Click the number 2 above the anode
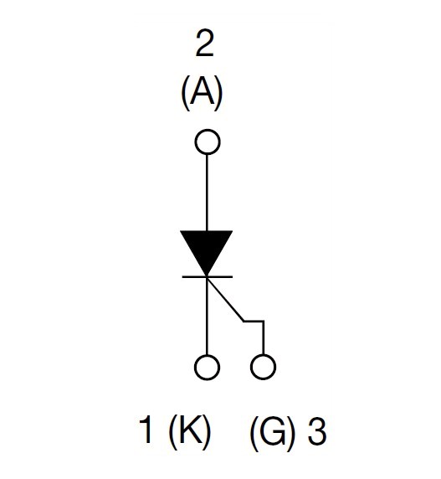[204, 44]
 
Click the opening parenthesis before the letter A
[185, 93]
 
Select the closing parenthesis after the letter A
[218, 93]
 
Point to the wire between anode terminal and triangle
[207, 193]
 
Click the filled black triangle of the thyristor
[207, 249]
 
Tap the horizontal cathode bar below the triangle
[208, 277]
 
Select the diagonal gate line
[225, 299]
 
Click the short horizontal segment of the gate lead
[254, 321]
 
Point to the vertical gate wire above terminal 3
[264, 337]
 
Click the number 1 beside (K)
[146, 430]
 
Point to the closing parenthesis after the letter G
[292, 431]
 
